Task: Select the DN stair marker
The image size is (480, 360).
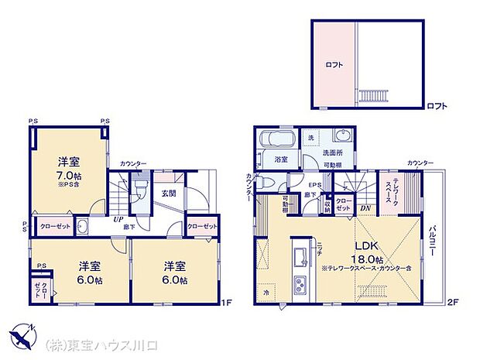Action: click(x=365, y=208)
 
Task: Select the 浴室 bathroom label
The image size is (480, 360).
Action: click(x=280, y=159)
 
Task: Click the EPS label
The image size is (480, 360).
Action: click(x=315, y=185)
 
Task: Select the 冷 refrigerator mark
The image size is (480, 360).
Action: click(x=267, y=293)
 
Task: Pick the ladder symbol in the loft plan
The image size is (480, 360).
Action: click(x=367, y=95)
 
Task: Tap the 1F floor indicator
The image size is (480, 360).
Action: click(x=227, y=303)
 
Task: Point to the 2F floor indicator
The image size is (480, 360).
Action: click(x=456, y=303)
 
